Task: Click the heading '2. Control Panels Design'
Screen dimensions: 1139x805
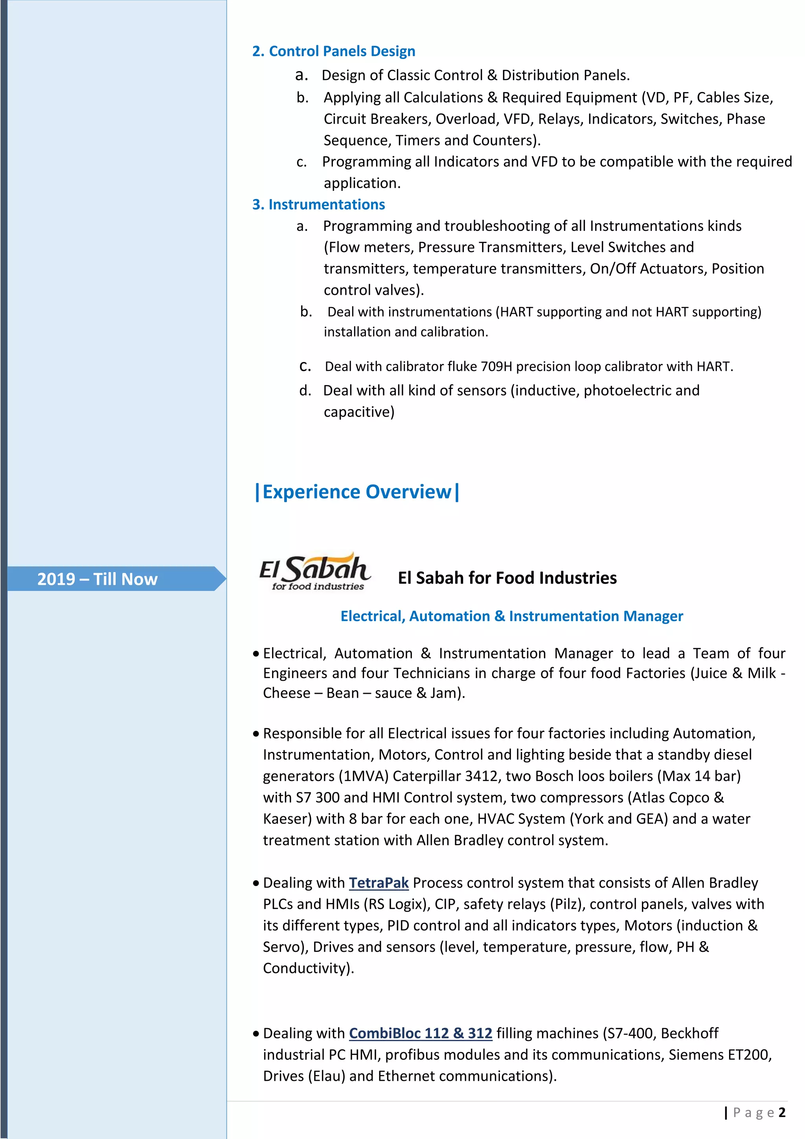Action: pos(334,51)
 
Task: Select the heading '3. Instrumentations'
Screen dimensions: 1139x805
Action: pos(318,205)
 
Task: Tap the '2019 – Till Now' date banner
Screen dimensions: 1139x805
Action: pos(97,579)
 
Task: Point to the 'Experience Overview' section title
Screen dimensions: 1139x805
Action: pos(357,492)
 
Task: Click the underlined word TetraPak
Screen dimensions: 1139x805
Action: pos(379,883)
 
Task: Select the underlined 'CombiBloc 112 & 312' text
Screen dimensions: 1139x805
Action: pos(420,1033)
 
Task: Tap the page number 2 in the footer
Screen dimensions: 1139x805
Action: pos(782,1112)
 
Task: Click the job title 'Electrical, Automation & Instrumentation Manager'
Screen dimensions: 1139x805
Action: pos(511,616)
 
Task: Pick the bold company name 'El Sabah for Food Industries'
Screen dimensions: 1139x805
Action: pos(507,578)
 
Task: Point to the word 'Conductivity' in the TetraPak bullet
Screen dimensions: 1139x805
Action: pos(304,968)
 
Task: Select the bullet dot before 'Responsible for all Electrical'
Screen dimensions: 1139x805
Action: pos(256,734)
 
